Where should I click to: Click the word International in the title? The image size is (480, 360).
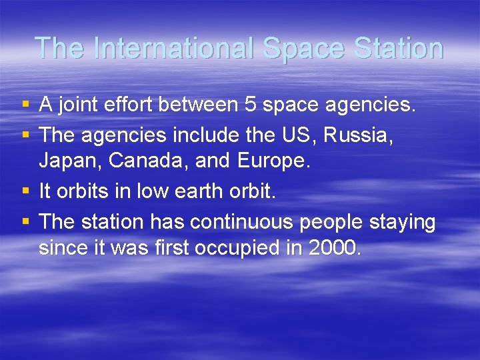(x=175, y=48)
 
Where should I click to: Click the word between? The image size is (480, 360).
(x=211, y=105)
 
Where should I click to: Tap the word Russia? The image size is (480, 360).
(x=358, y=135)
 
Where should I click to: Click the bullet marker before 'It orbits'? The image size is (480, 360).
(x=25, y=192)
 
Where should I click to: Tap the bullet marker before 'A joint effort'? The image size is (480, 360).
(x=25, y=105)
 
